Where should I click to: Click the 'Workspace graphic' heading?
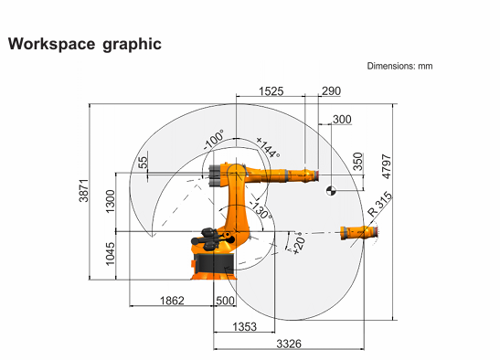tap(85, 44)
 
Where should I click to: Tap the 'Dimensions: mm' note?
tap(399, 66)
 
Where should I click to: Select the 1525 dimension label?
tap(271, 91)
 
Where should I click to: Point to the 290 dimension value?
tap(331, 90)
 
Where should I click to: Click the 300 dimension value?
tap(342, 120)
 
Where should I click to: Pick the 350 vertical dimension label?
tap(358, 162)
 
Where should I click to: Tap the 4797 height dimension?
tap(386, 166)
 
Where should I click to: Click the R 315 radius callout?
tap(379, 204)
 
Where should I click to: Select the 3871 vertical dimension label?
tap(83, 190)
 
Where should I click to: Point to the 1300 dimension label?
tap(110, 202)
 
